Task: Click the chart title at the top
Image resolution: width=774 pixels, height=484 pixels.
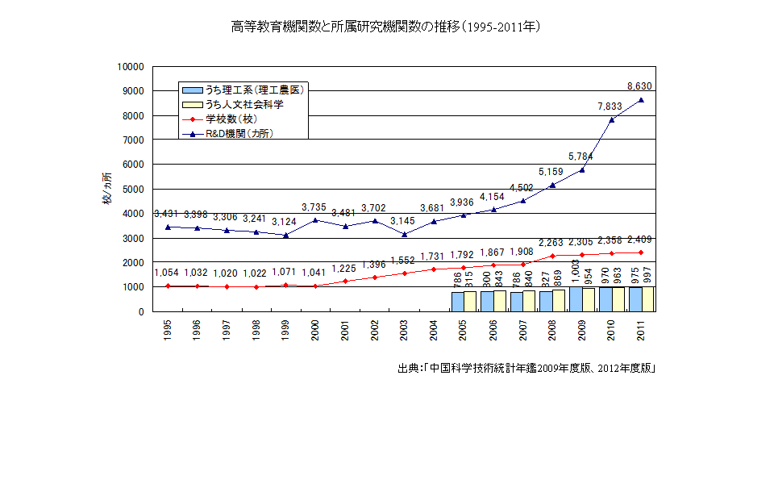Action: tap(385, 27)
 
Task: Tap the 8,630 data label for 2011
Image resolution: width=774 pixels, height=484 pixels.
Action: tap(639, 86)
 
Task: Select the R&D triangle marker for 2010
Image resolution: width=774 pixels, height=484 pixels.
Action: tap(612, 119)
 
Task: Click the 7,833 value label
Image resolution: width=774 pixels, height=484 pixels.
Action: tap(610, 106)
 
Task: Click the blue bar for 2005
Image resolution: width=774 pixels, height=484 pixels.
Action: tap(457, 301)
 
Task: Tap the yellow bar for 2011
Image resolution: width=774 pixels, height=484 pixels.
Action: tap(647, 298)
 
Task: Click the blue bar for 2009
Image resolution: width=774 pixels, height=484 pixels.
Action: tap(576, 298)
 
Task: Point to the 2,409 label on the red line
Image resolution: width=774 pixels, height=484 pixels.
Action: tap(639, 240)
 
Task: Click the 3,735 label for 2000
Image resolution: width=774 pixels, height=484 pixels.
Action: tap(314, 207)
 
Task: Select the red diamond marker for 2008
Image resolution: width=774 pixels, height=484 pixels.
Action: tap(552, 256)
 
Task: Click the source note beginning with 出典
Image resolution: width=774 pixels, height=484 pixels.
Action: tap(526, 369)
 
